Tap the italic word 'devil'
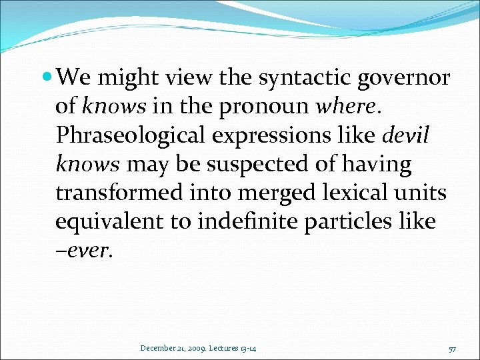coord(406,136)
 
